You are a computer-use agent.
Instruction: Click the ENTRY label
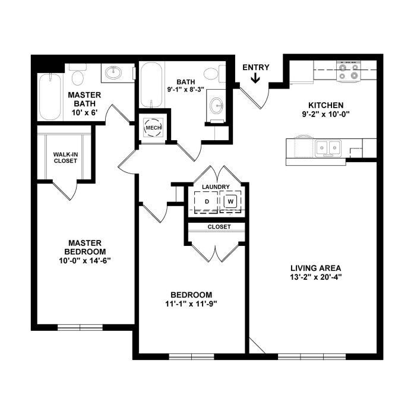256,68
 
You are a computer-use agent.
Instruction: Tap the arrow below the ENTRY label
255,78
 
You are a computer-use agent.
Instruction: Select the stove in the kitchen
349,71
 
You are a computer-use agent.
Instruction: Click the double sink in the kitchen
328,148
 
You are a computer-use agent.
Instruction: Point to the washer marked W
230,202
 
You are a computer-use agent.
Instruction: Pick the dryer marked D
206,202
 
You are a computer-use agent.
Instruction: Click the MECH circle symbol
153,128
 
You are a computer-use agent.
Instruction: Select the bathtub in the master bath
50,97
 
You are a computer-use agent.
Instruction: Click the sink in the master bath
113,72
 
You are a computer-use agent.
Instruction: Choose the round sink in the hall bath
216,106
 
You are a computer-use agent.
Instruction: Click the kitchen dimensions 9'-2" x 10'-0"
326,114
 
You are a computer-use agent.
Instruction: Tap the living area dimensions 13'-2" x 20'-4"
316,277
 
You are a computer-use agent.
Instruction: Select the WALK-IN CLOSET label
65,157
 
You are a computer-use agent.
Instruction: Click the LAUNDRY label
216,187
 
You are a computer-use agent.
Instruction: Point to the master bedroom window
80,327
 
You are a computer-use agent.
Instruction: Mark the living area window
312,357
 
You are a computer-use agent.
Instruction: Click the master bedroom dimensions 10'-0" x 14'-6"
84,261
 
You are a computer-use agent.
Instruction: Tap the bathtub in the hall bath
151,84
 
